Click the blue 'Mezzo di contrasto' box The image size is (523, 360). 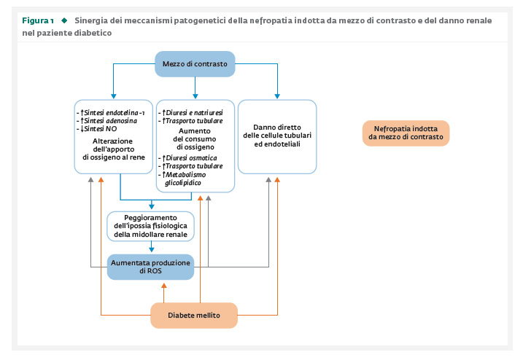coord(195,64)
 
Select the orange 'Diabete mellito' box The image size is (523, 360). coord(194,316)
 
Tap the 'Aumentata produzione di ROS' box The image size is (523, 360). coord(150,267)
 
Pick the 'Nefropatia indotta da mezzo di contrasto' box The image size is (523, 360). coord(406,133)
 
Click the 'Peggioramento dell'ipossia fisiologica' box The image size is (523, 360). coord(150,226)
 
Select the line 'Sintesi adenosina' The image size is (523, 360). coord(109,121)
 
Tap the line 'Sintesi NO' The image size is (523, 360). coord(98,129)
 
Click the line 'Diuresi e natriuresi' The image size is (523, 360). coord(193,113)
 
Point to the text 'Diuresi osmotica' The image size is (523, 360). coord(190,158)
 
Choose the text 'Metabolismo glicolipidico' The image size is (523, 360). coord(184,179)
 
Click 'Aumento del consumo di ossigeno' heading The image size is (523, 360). coord(195,139)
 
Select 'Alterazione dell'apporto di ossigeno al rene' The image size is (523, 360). coord(114,149)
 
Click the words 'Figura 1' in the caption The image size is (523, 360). coord(38,20)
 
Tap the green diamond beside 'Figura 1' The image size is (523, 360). coord(64,20)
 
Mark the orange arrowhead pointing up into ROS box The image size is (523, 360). coord(164,286)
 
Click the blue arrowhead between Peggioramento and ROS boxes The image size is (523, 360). coord(152,249)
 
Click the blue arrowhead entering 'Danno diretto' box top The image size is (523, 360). coord(277,96)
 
